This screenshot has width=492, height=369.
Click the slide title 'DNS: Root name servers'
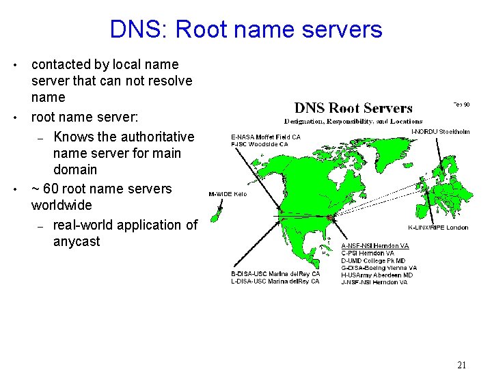coord(246,29)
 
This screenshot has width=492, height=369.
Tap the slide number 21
coord(461,365)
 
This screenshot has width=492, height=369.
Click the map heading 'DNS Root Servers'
coord(353,108)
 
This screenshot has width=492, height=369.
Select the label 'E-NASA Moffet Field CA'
coord(266,137)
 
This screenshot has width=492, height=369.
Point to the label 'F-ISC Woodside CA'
coord(259,144)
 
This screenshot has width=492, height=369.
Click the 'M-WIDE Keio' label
coord(228,194)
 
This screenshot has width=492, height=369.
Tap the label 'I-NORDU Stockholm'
coord(440,131)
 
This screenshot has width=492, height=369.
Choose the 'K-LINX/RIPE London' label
coord(438,228)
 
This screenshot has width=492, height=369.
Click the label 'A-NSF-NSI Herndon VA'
coord(375,246)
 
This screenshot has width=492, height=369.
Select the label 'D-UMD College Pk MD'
coord(373,260)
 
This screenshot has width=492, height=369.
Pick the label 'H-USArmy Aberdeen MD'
coord(377,275)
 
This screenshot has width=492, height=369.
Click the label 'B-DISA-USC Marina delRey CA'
coord(275,274)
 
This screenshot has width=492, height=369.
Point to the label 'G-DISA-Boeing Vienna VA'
coord(379,268)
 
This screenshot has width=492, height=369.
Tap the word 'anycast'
coord(77,241)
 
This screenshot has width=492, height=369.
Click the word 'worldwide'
coord(61,205)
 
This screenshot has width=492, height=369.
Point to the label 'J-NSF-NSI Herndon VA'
coord(374,282)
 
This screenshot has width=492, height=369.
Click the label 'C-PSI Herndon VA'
coord(368,254)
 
